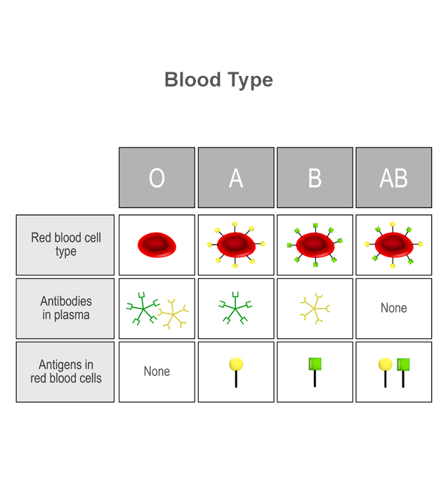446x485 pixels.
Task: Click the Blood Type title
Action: tap(218, 80)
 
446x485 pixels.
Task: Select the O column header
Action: tap(157, 178)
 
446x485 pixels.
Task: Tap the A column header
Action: tap(236, 178)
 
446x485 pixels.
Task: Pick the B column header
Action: tap(315, 178)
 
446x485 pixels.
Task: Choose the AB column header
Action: tap(394, 178)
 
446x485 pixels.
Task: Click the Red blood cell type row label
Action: tap(65, 245)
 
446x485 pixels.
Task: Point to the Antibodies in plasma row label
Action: tap(65, 309)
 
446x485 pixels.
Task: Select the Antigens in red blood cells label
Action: tap(65, 372)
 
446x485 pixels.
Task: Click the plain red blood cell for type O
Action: tap(157, 245)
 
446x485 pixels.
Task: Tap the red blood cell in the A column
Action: tap(236, 245)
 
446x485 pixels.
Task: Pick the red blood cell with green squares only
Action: tap(315, 245)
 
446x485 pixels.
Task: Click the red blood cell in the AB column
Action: tap(394, 245)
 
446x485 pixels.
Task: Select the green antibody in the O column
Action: tap(143, 309)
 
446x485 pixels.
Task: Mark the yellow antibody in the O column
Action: tap(173, 314)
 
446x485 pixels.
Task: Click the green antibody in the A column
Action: tap(235, 308)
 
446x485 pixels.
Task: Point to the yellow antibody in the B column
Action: tap(315, 309)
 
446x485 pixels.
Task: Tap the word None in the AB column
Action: tap(394, 308)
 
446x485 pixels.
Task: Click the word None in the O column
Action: tap(157, 372)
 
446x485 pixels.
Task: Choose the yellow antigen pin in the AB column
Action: tap(385, 372)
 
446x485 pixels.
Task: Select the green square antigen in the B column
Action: tap(315, 372)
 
